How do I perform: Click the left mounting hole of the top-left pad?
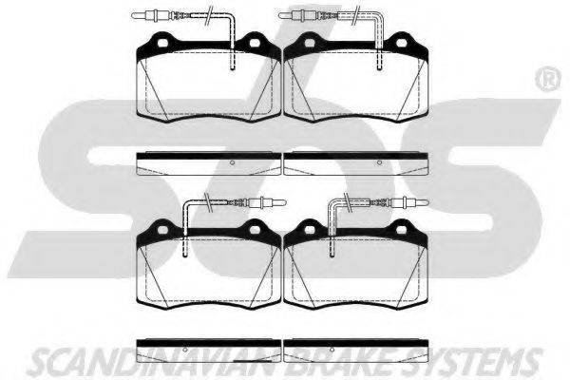[162, 43]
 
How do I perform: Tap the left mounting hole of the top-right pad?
[310, 43]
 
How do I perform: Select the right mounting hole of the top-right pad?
[401, 43]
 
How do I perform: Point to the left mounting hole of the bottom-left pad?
[162, 230]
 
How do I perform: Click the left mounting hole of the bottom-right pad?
[310, 230]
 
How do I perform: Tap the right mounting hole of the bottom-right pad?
[401, 230]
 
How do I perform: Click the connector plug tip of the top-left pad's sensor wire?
[133, 15]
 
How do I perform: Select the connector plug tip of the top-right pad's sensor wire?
[280, 15]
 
